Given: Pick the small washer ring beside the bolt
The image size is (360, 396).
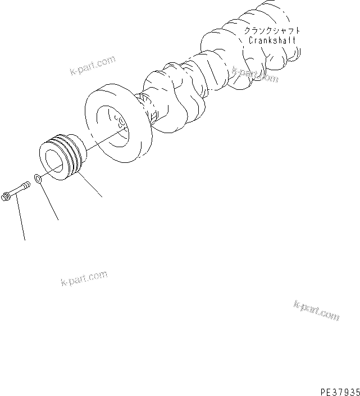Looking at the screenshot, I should pos(38,179).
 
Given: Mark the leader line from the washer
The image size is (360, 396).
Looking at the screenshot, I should pos(49,202).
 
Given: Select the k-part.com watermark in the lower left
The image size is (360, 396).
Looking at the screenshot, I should pos(84,278).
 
